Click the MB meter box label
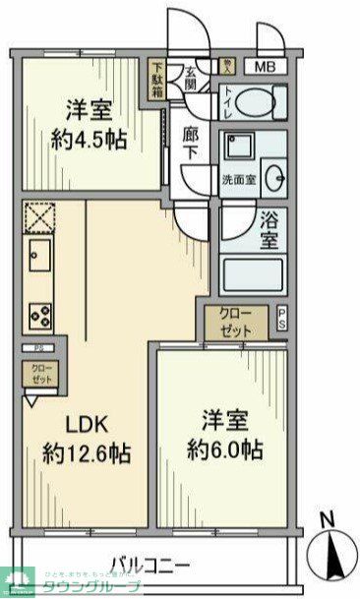click(x=267, y=67)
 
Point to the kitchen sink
click(x=39, y=258)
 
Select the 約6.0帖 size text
click(x=225, y=451)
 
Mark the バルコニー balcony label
click(x=150, y=564)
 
